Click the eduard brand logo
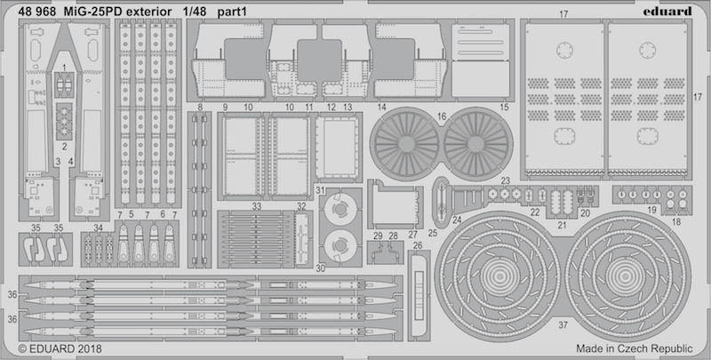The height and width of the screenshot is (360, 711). click(667, 11)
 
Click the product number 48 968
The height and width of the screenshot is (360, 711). click(37, 12)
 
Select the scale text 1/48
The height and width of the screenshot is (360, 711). click(195, 12)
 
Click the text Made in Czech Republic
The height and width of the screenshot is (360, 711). click(635, 348)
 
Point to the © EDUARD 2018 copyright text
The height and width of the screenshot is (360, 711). click(60, 348)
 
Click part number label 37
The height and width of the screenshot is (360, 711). click(563, 325)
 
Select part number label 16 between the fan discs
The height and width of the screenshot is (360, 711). click(442, 117)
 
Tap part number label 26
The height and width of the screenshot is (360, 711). click(418, 245)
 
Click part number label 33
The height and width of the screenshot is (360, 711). click(257, 206)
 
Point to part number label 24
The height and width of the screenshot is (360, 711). click(457, 220)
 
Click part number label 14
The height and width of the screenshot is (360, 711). click(381, 108)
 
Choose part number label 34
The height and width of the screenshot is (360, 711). click(99, 228)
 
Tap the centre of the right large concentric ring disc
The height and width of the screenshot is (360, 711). click(627, 274)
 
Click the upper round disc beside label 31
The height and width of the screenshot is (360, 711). click(340, 209)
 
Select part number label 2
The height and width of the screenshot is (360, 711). click(64, 147)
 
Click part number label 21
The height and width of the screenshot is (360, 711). click(563, 225)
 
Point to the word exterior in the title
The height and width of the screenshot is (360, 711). click(148, 12)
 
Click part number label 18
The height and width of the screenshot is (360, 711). click(676, 221)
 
